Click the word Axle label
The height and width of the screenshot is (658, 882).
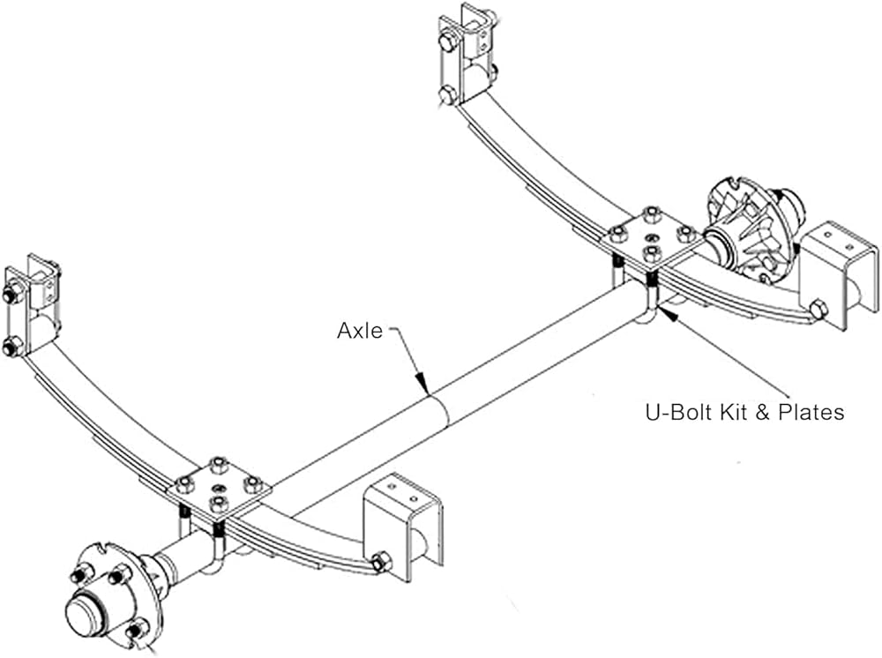(x=360, y=331)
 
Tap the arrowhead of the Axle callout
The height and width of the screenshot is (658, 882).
(x=427, y=388)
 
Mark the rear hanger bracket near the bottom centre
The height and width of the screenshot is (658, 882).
(x=404, y=526)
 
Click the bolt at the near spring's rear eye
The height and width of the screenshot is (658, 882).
(x=381, y=562)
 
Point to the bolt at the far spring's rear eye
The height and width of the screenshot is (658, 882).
(x=817, y=310)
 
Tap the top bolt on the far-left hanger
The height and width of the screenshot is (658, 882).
(x=12, y=295)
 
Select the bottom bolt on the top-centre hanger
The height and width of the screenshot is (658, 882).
(x=447, y=94)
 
